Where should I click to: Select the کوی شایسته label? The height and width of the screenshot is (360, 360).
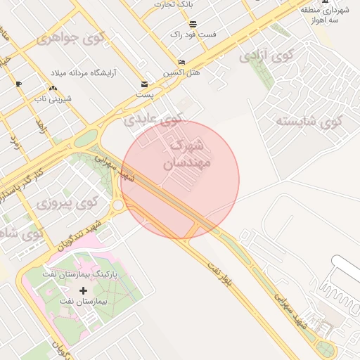pos(309,121)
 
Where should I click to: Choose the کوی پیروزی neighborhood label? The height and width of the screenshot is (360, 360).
pos(66,204)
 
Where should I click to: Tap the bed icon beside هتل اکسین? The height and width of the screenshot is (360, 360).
pos(181,62)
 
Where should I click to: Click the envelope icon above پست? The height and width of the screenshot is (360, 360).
pos(144,83)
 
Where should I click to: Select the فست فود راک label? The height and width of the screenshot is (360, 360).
pos(193,34)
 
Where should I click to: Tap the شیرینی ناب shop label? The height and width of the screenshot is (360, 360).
pos(53,99)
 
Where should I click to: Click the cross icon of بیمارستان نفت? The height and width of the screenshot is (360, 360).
pos(84,290)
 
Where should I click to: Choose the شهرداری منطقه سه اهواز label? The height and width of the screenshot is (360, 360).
pos(324,15)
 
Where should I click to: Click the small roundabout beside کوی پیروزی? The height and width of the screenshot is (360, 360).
pos(117,205)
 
